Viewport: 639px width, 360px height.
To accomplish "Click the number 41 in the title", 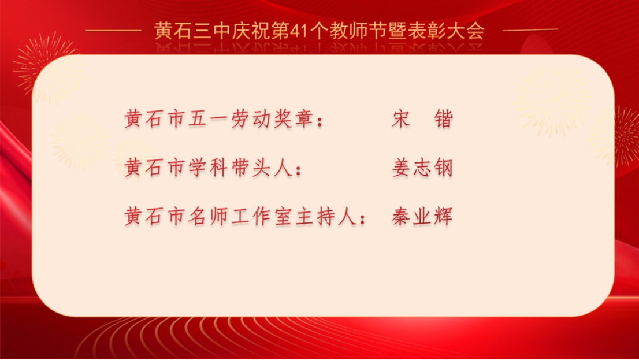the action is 299,31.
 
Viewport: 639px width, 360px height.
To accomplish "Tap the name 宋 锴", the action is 422,118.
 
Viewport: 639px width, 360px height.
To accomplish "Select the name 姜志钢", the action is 422,167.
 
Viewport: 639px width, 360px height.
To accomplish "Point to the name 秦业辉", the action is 422,216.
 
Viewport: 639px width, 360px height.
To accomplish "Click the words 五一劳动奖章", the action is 250,118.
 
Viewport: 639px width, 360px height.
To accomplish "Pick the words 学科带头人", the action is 240,167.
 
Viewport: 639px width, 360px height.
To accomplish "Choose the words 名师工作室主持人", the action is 272,216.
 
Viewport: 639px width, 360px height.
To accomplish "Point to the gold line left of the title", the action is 113,30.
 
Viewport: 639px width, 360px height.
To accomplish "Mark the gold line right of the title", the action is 530,30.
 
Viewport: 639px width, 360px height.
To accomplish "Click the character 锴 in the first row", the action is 443,118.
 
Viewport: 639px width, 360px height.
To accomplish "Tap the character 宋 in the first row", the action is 401,118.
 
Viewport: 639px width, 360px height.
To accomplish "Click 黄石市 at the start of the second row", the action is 155,167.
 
